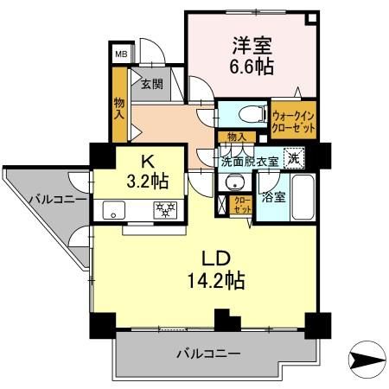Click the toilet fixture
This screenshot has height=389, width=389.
click(246, 113)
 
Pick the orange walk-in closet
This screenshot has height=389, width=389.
click(293, 118)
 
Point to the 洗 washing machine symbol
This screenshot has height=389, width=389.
click(296, 158)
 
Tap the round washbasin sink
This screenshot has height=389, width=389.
click(233, 182)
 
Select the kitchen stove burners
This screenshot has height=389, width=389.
click(164, 210)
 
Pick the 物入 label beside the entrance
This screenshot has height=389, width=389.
click(119, 107)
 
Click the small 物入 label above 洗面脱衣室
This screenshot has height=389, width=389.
click(236, 137)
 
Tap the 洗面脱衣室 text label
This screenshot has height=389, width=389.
click(250, 161)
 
